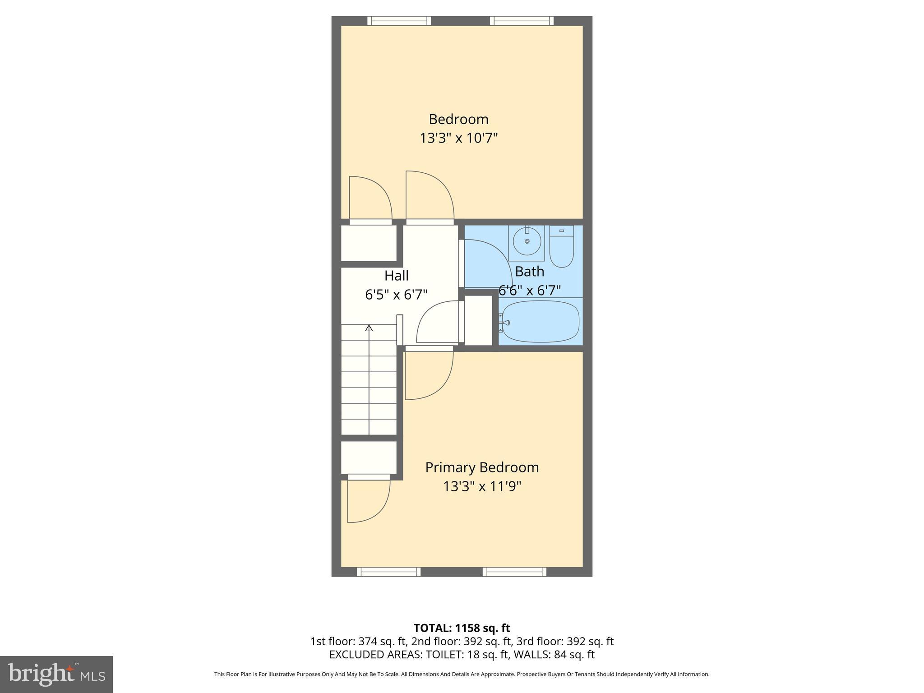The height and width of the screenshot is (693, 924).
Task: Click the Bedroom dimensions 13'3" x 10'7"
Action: point(458,138)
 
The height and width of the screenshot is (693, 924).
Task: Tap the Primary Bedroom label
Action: point(482,467)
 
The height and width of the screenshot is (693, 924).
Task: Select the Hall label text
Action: point(396,275)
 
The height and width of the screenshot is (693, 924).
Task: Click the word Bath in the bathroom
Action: point(529,272)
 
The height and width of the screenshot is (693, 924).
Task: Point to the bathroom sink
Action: point(527,242)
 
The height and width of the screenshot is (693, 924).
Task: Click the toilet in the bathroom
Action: point(561,247)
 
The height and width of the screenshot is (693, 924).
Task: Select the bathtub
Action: point(541,322)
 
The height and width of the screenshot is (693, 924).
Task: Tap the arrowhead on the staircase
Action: point(369,328)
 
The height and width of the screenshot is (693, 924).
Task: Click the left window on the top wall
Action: point(399,21)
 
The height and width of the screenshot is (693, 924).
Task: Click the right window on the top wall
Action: point(522,21)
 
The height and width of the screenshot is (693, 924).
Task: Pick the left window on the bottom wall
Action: point(388,572)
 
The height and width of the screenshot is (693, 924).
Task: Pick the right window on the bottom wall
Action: point(514,572)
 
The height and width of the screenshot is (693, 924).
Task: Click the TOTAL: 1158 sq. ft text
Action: point(462,628)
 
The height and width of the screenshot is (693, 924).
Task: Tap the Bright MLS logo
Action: point(56,674)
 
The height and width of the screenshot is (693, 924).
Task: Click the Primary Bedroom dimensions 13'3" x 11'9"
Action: point(482,486)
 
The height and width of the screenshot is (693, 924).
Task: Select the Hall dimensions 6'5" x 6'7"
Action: point(396,295)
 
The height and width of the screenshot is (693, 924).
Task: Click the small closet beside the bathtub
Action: point(478,320)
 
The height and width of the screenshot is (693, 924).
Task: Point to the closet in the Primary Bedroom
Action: point(369,457)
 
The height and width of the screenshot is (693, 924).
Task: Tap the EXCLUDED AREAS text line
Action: point(462,655)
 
